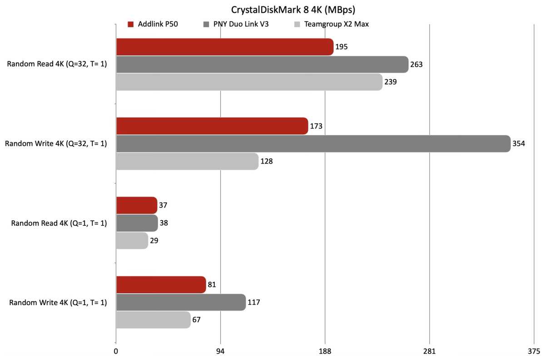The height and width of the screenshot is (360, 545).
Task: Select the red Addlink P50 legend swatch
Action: (130, 24)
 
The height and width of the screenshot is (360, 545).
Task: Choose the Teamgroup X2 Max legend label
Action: (337, 24)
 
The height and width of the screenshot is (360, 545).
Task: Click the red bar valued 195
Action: (224, 47)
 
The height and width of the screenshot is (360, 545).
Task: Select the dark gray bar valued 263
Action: (262, 64)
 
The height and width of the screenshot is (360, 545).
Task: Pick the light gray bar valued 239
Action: (249, 82)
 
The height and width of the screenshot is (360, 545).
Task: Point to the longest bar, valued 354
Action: (313, 144)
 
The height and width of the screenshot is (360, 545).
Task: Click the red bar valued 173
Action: (212, 126)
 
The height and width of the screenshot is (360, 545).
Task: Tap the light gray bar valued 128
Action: (187, 162)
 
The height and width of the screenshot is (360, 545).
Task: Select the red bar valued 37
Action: (136, 205)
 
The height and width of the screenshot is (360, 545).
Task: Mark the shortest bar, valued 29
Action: (132, 241)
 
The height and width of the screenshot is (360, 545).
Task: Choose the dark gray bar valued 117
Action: (181, 302)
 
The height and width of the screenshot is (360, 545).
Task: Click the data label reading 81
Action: (212, 285)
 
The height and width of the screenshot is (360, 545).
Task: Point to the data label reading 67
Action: (196, 320)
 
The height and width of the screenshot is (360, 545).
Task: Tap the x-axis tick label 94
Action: (220, 351)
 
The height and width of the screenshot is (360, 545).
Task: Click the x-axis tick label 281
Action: (429, 351)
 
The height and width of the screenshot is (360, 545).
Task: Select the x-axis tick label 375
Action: (534, 351)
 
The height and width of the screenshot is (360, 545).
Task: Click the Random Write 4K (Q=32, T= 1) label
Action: (56, 144)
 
